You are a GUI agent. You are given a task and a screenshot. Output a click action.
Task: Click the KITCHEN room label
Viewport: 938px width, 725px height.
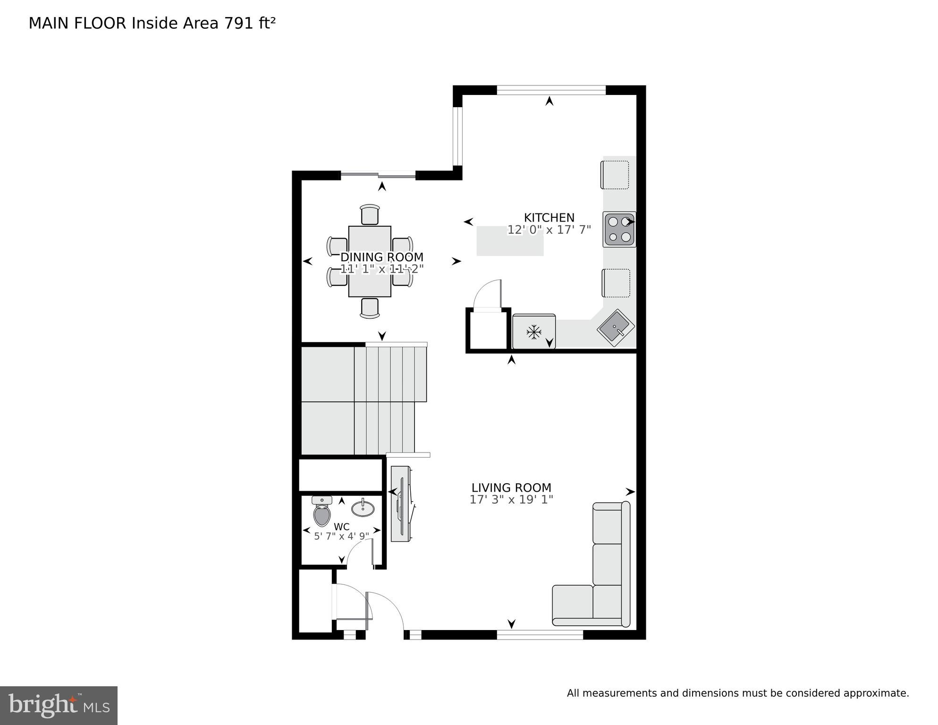[x=549, y=218]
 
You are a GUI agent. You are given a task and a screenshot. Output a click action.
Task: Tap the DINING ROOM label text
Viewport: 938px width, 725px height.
[x=381, y=257]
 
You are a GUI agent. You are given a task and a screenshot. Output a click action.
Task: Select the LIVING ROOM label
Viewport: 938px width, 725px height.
[x=511, y=488]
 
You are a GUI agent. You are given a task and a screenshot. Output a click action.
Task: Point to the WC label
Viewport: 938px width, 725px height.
[x=341, y=527]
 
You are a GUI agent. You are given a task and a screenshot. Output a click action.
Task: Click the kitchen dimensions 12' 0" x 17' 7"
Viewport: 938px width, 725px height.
[x=549, y=230]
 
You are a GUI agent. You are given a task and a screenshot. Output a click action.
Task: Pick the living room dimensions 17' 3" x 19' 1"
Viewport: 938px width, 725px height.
[x=511, y=500]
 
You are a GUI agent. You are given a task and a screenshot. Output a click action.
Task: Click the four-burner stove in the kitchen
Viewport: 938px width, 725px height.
[x=619, y=229]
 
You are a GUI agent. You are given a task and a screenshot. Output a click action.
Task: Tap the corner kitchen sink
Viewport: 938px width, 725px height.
[x=616, y=327]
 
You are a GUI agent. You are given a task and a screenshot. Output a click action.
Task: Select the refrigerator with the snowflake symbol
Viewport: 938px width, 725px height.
[x=534, y=332]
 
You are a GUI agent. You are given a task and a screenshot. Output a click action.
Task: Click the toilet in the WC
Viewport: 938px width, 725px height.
[x=322, y=512]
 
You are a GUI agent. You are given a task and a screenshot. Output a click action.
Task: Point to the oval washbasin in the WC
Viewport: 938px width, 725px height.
[x=363, y=508]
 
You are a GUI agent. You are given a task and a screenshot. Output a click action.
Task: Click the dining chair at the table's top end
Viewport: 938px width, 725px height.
[x=370, y=215]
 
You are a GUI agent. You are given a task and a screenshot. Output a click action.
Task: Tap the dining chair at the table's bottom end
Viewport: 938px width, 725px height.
[x=370, y=308]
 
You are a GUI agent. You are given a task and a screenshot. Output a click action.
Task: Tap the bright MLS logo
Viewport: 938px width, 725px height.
[x=59, y=706]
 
